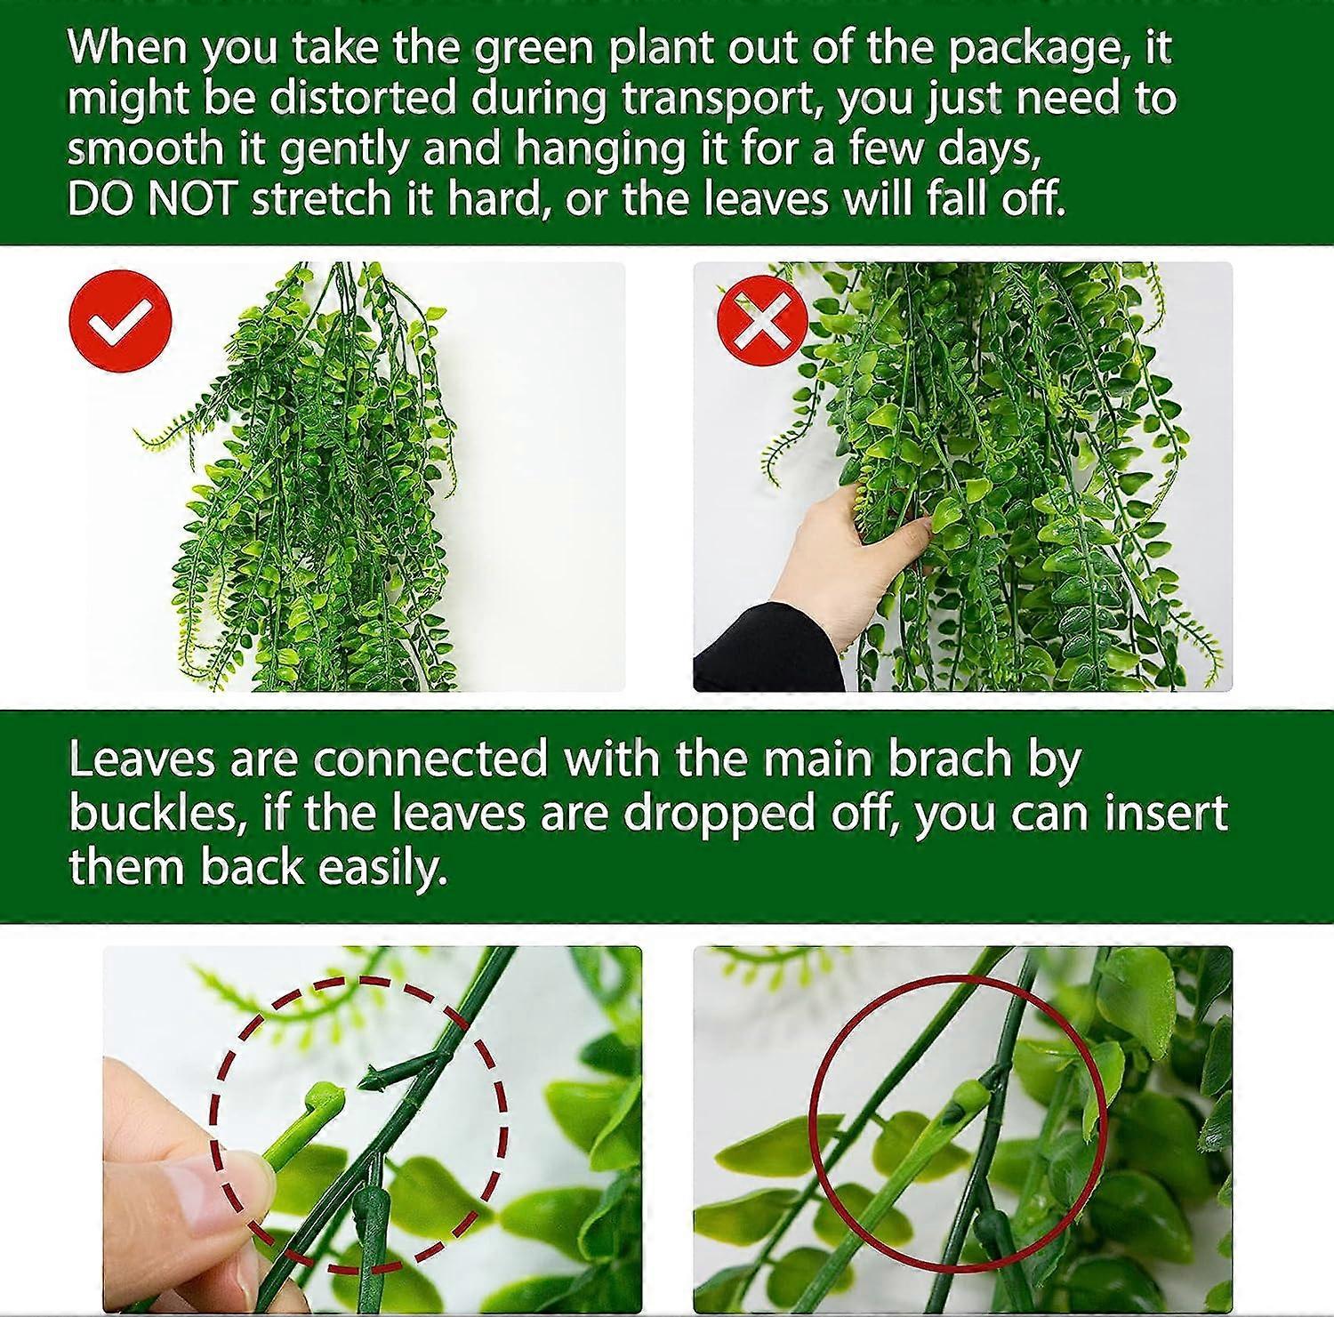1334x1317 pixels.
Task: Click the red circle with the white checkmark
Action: pyautogui.click(x=119, y=320)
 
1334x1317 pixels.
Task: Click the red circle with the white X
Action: pyautogui.click(x=762, y=320)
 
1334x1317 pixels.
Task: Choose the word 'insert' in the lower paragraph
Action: pyautogui.click(x=1166, y=814)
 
